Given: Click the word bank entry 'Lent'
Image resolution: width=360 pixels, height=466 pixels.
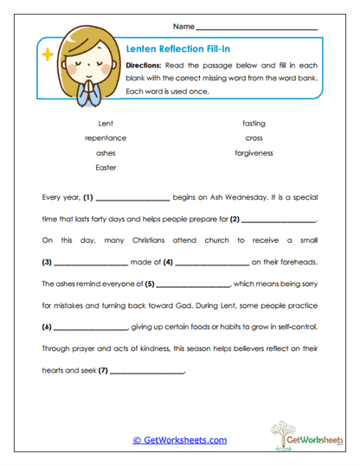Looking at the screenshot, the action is [x=106, y=124].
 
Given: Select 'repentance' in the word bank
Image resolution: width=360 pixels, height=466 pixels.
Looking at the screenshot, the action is [x=106, y=138].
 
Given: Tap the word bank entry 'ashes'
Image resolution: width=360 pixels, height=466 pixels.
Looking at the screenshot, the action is [x=106, y=153].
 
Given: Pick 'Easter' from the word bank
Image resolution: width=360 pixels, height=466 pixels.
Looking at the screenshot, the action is [x=106, y=168].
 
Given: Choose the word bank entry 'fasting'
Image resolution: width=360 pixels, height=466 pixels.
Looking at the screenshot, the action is [x=254, y=124].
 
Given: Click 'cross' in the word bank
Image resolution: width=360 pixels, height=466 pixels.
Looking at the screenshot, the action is [x=254, y=138].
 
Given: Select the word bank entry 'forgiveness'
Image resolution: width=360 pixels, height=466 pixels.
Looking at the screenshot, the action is [x=254, y=153].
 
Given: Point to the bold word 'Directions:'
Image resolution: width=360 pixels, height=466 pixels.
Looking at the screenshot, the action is [x=145, y=66].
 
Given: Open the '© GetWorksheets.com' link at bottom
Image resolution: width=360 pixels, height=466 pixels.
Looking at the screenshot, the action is [x=180, y=440].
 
